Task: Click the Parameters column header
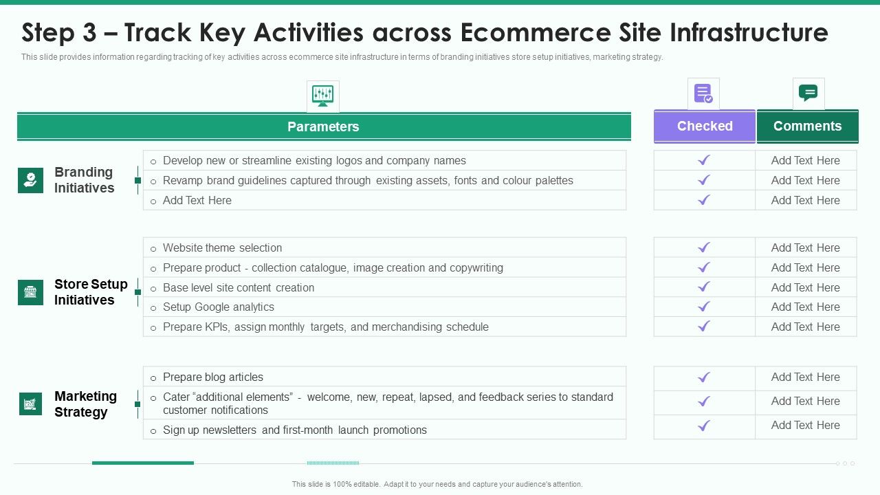point(323,126)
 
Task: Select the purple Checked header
point(705,126)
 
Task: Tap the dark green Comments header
point(807,126)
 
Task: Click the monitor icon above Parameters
point(322,96)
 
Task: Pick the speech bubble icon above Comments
point(808,93)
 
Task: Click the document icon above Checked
point(703,93)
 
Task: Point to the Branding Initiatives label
point(84,180)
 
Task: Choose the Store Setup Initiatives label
point(91,292)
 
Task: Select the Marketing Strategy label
point(85,404)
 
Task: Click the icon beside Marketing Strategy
point(30,404)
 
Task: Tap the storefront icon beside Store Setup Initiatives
point(30,292)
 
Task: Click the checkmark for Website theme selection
point(704,247)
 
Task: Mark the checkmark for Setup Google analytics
point(704,307)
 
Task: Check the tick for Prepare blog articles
point(704,377)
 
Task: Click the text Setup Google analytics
point(219,307)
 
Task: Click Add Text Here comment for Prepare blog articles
point(806,377)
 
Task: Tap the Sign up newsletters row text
point(295,430)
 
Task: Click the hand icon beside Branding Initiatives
point(30,180)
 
